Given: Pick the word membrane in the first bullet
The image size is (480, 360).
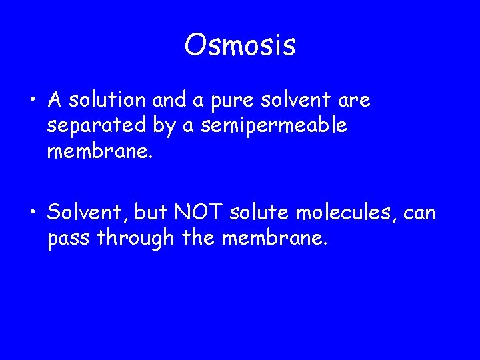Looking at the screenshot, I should [x=98, y=150].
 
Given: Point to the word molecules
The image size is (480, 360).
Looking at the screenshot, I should [x=347, y=213].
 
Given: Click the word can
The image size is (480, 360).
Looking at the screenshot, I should [x=419, y=213].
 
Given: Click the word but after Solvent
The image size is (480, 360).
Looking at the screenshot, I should [x=151, y=213].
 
